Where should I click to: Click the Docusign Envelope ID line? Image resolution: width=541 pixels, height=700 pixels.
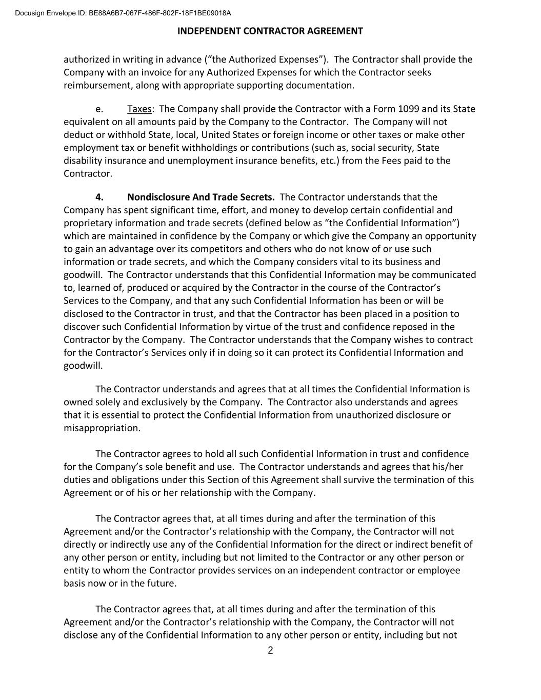point(123,13)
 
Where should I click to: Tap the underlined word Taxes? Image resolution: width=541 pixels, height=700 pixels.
point(139,109)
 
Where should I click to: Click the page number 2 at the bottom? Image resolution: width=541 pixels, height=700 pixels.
point(270,651)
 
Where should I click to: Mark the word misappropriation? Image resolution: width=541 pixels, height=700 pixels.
point(102,428)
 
